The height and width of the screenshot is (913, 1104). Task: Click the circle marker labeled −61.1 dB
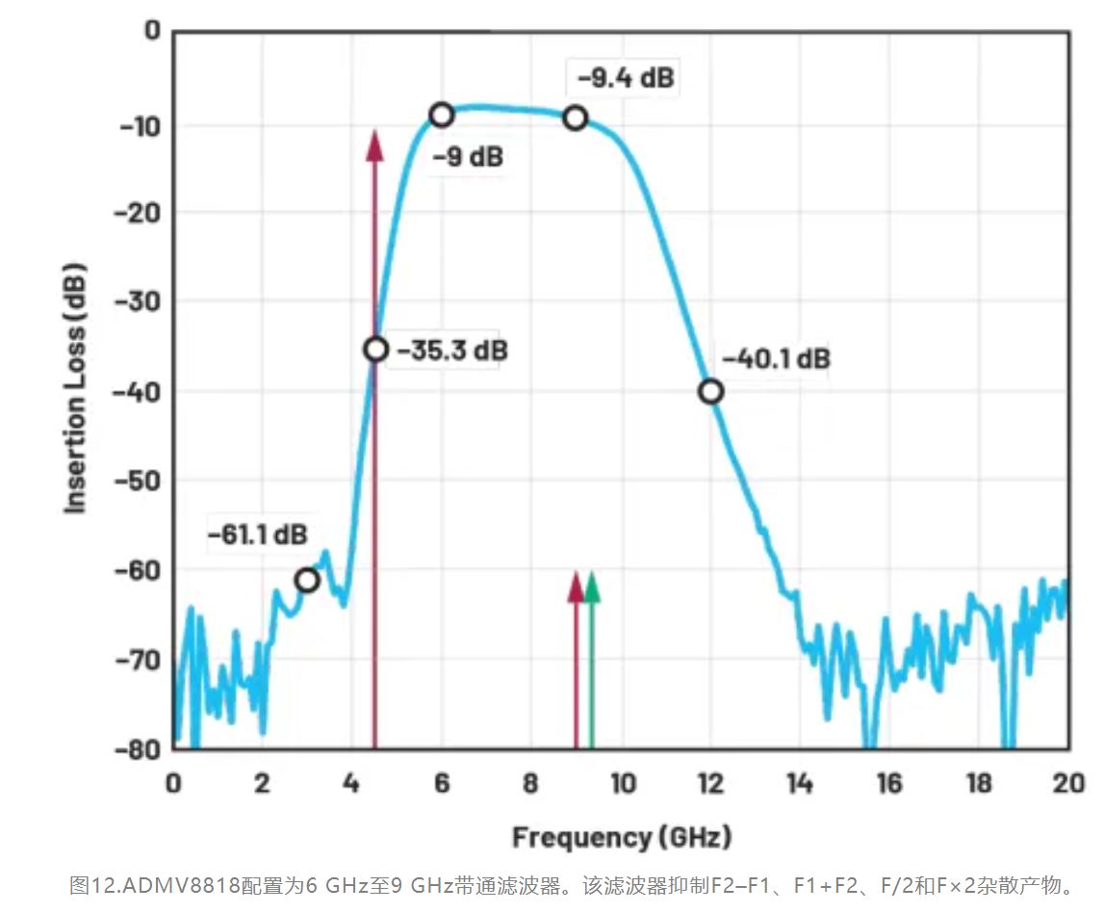point(307,580)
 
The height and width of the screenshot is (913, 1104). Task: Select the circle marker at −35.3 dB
point(376,350)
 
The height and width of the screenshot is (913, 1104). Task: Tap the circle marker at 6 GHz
point(441,115)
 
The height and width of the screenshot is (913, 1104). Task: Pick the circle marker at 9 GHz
point(576,117)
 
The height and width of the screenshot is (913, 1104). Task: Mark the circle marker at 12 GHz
point(710,391)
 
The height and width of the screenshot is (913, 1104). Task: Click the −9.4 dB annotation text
point(626,77)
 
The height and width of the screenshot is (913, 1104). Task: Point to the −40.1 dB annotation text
point(776,359)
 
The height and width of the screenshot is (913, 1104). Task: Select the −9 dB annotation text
point(467,156)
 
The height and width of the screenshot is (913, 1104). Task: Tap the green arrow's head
point(592,585)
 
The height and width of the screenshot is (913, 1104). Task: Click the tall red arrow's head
point(374,144)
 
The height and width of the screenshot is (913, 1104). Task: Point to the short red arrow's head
point(576,585)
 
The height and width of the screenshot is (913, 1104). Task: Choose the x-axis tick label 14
point(799,783)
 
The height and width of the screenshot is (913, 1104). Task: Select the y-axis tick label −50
point(136,481)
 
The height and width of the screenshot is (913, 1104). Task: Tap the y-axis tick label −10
point(136,126)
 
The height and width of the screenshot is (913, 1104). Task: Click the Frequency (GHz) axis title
point(621,836)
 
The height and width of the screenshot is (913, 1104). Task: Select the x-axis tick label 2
point(262,783)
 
